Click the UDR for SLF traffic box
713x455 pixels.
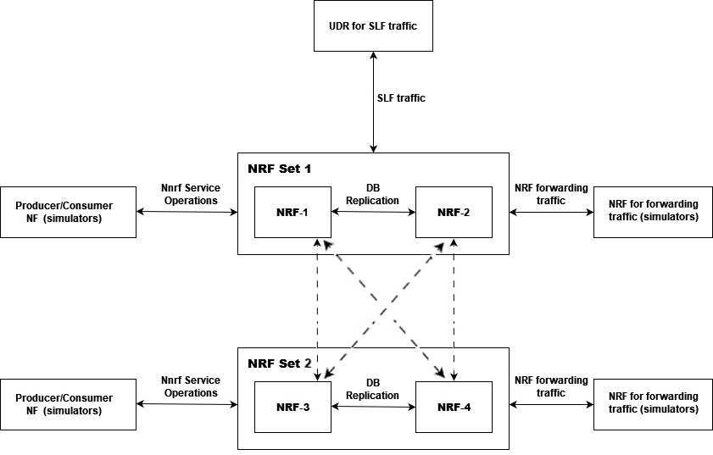click(373, 25)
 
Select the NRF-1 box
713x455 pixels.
click(292, 212)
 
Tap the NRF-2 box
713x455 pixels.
click(454, 212)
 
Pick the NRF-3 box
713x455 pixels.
click(292, 408)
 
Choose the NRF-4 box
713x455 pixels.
click(454, 408)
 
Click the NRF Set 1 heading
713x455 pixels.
click(280, 169)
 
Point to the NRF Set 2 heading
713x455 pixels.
click(280, 363)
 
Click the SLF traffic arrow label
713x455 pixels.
click(401, 98)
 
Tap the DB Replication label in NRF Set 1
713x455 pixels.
click(373, 195)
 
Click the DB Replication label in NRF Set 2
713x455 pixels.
click(373, 389)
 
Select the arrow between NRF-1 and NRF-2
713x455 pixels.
click(373, 213)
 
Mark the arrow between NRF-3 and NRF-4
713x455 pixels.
click(373, 408)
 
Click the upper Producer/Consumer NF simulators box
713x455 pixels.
click(69, 212)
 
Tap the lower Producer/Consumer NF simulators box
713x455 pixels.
click(69, 404)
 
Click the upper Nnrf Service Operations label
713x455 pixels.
click(191, 195)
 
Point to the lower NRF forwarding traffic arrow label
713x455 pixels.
click(551, 387)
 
